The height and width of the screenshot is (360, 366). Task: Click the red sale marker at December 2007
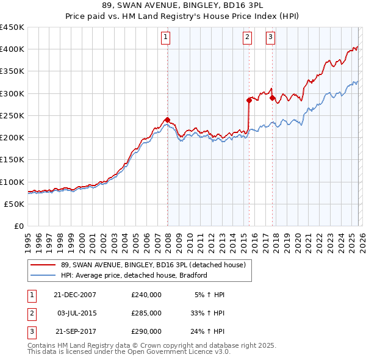click(167, 120)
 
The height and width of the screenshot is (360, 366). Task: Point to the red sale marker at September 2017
click(272, 98)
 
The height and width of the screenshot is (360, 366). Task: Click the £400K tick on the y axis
click(12, 49)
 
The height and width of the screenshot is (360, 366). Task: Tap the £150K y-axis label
click(12, 160)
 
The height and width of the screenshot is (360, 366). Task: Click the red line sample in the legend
click(43, 265)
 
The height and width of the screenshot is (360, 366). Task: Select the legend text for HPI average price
click(134, 276)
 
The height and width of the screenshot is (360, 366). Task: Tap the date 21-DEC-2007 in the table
click(74, 295)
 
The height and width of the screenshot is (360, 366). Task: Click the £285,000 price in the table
click(146, 313)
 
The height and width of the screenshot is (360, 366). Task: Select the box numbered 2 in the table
click(30, 313)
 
